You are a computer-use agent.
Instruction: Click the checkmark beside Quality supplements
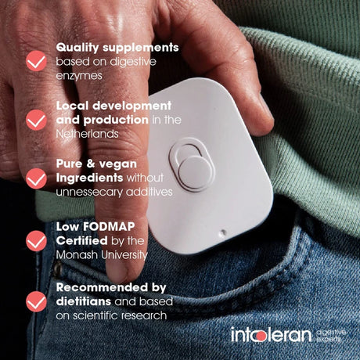(x=36, y=61)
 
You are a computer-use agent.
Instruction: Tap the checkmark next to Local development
(x=36, y=120)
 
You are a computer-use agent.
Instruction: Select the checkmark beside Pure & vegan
(x=36, y=178)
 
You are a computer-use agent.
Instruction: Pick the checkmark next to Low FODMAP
(x=36, y=241)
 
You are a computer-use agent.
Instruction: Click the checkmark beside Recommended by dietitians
(x=36, y=301)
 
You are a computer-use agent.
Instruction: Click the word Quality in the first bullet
(x=77, y=48)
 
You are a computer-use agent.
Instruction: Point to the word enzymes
(x=79, y=76)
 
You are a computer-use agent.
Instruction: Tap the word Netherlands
(x=87, y=134)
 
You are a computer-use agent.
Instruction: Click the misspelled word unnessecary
(x=89, y=193)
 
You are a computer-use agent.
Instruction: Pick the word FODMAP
(x=109, y=226)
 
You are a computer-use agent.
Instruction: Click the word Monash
(x=77, y=254)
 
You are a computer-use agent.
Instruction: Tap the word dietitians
(x=84, y=301)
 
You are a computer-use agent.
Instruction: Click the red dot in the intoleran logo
(x=260, y=337)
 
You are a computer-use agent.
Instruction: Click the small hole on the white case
(x=222, y=232)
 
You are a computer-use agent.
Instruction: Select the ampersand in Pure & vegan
(x=91, y=164)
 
